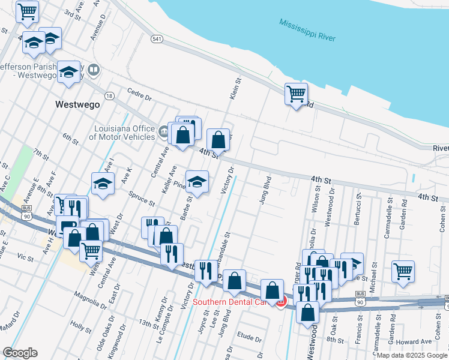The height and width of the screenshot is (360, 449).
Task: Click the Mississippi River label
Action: coord(307,30)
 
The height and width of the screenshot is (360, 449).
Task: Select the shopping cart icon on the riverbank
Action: coord(296,94)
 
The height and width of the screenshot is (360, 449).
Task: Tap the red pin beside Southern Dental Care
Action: coord(280,302)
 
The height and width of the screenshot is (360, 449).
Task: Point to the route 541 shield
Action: coord(157,39)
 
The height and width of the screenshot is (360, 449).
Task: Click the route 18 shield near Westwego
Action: coord(109,95)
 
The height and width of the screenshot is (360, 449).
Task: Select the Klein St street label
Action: coord(235,88)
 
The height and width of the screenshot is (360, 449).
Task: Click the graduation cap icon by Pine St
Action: coord(197,181)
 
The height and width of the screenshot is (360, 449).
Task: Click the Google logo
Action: coord(20,352)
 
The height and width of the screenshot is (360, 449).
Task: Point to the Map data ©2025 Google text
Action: coord(412,355)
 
